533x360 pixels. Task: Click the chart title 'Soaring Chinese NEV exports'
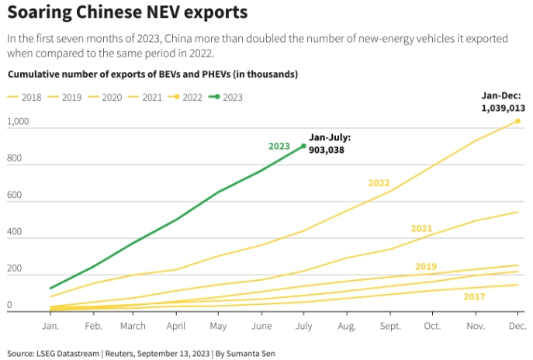click(127, 12)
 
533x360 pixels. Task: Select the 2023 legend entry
click(227, 97)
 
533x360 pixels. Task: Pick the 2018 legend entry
click(25, 97)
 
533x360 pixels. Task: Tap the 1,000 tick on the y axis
click(18, 123)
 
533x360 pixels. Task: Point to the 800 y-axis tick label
click(16, 159)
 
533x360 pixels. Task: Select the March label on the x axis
click(133, 325)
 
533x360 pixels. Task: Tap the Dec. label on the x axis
click(517, 325)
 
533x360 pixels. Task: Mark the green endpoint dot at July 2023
click(303, 145)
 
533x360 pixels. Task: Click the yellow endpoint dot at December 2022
click(517, 121)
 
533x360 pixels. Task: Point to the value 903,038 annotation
click(326, 149)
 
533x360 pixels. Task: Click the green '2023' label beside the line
click(279, 146)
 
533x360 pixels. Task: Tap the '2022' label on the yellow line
click(379, 183)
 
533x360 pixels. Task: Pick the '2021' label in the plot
click(421, 228)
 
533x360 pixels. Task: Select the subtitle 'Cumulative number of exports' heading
click(153, 74)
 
